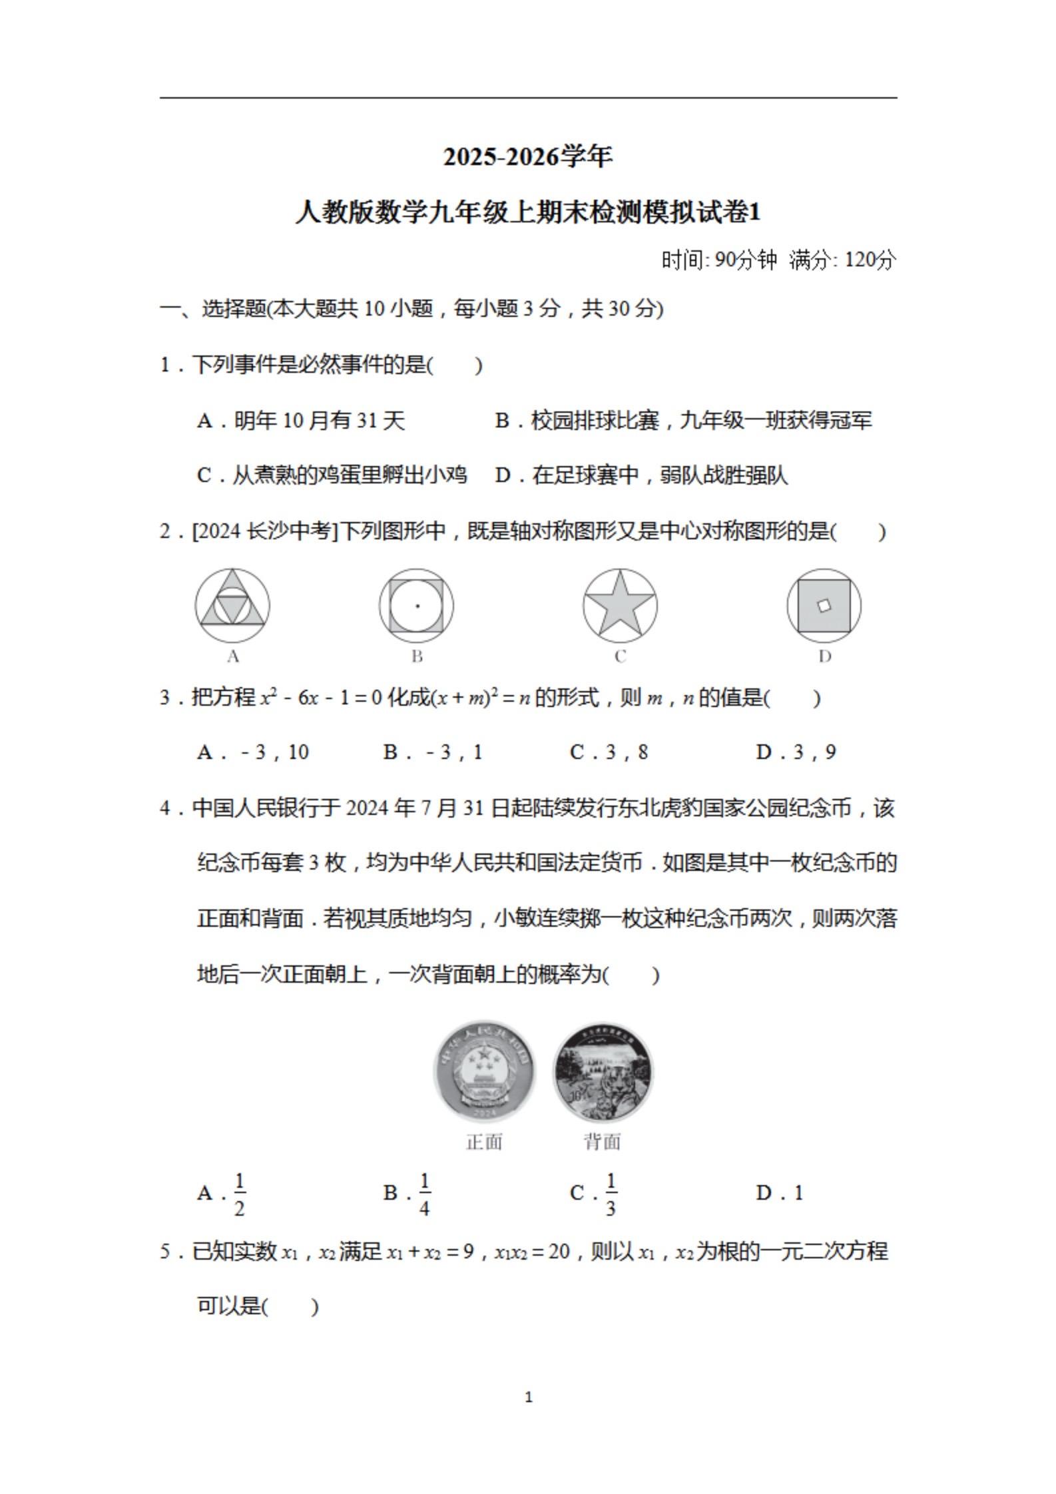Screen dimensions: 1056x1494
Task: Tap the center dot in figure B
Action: point(417,606)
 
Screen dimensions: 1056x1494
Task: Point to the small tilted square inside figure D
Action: point(824,605)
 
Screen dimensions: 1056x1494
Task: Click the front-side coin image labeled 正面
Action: point(484,1073)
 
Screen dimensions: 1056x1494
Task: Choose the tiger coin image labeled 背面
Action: point(603,1073)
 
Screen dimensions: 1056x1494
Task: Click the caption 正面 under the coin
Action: point(484,1142)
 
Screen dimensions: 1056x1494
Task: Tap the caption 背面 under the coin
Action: point(603,1142)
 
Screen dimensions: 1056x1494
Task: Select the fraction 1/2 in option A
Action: point(240,1193)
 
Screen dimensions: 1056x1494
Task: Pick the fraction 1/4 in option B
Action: point(425,1193)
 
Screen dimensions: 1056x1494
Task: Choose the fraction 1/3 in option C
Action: point(611,1193)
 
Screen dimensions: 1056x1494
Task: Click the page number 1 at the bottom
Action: point(529,1397)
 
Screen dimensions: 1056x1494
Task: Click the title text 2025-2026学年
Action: point(528,157)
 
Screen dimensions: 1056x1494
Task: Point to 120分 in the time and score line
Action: point(870,260)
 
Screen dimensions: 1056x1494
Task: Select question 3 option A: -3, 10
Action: point(253,752)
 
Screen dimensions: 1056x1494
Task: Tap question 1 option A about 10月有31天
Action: point(302,421)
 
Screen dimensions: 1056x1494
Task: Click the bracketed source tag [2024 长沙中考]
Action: point(266,531)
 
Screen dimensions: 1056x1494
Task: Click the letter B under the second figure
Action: point(417,656)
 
